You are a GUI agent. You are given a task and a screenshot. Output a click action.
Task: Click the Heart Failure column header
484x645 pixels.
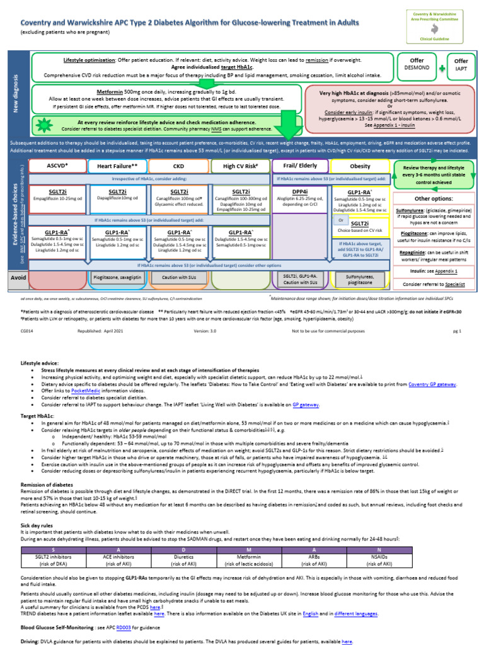coord(117,166)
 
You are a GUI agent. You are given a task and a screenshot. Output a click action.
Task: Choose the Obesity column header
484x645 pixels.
coord(359,166)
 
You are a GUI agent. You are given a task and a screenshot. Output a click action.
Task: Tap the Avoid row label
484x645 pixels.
coord(18,277)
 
